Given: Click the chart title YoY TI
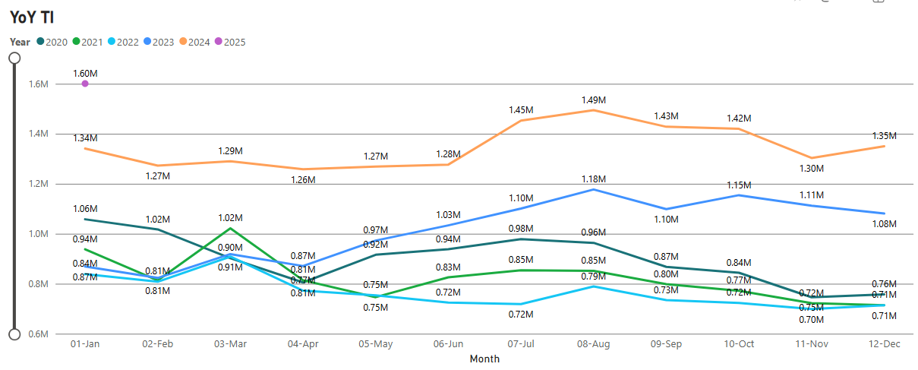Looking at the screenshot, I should pos(31,17).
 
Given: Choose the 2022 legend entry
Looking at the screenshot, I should pos(122,42).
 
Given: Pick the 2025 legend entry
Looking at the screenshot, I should pos(229,42).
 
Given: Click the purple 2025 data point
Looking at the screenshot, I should pos(85,84).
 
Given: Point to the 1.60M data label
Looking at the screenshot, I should pos(85,73).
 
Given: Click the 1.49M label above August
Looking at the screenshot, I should pos(593,100).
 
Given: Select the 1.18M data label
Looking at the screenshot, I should pos(593,179).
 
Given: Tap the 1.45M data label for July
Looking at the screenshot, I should pos(521,110).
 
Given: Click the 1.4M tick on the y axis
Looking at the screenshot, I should pos(38,134).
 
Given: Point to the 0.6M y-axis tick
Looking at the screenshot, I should pos(38,334).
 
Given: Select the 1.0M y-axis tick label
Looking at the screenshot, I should pos(38,234).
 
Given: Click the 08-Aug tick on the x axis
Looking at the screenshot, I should pos(593,344).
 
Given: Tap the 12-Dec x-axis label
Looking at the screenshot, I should pos(884,344).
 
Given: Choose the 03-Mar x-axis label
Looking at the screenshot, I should pos(230,344).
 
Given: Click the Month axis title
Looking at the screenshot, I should pos(484,359).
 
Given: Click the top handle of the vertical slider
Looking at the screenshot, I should pos(14,58).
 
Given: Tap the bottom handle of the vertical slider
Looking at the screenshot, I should pos(14,334).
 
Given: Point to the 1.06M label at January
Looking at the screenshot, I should pos(85,208).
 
